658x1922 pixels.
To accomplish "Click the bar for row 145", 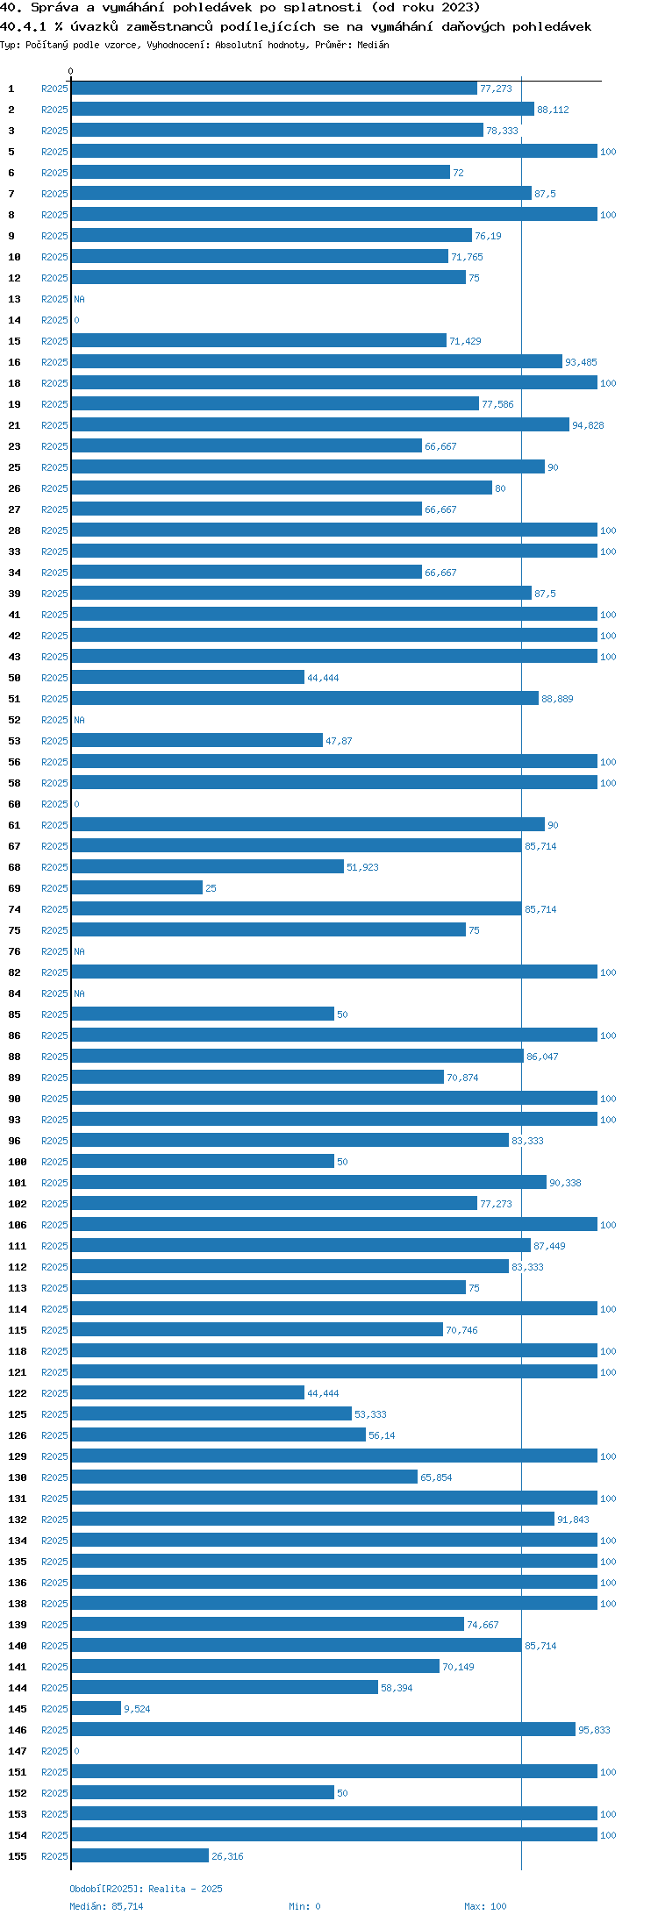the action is (x=96, y=1708).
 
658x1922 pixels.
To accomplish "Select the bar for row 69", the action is (x=137, y=887).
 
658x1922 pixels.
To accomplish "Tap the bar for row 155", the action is (x=140, y=1855).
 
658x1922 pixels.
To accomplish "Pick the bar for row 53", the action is (x=197, y=740).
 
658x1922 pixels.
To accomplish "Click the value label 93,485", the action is (x=581, y=362).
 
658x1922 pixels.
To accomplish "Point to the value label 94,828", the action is (x=588, y=425).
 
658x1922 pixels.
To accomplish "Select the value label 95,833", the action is (x=594, y=1730).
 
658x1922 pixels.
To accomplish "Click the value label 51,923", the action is (x=362, y=867).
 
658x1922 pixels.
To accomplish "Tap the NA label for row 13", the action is (x=79, y=299).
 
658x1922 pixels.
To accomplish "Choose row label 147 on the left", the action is (x=18, y=1751).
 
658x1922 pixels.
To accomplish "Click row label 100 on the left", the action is (x=18, y=1162).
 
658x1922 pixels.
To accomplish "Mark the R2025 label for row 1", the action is (x=54, y=89).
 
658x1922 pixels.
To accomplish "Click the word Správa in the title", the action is (x=56, y=7).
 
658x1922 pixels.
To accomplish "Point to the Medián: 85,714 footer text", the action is (x=106, y=1906).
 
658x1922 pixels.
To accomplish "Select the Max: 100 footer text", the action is (x=485, y=1906).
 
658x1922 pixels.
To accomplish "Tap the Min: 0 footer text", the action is (x=304, y=1906).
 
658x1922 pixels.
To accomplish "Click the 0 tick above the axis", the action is (x=71, y=72).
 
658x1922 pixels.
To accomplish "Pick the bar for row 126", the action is (x=218, y=1434).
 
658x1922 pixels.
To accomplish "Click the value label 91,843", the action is (x=573, y=1520).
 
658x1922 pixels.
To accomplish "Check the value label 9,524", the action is (x=137, y=1709).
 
